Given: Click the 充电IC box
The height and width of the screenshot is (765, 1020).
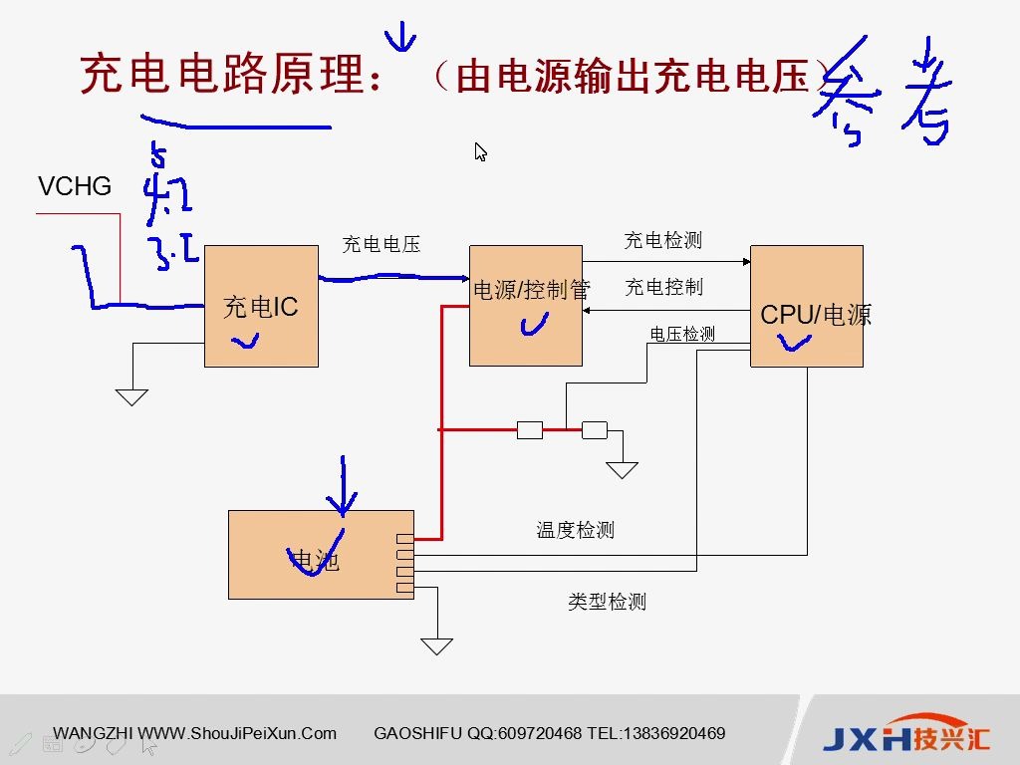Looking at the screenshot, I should click(x=261, y=307).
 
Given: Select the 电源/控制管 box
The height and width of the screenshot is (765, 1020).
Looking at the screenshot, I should click(x=526, y=305).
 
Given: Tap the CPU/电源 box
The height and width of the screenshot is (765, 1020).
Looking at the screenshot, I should click(x=807, y=306).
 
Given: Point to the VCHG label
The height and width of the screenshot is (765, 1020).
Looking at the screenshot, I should click(x=75, y=186).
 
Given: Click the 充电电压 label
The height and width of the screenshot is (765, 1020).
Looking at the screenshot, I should click(x=382, y=244).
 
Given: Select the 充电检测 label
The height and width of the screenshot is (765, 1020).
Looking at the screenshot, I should click(x=663, y=240).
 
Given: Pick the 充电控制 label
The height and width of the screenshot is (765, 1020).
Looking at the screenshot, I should click(x=663, y=287).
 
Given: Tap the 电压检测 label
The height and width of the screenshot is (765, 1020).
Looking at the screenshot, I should click(x=682, y=334).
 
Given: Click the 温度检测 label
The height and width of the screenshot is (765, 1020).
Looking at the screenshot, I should click(x=576, y=530).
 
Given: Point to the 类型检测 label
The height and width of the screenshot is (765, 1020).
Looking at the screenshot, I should click(x=608, y=602).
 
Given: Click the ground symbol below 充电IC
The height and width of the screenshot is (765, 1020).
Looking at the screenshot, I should click(x=131, y=396).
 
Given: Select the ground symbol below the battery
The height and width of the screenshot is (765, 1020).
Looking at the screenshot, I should click(x=436, y=645).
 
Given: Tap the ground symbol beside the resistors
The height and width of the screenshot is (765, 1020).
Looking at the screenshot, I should click(x=622, y=469).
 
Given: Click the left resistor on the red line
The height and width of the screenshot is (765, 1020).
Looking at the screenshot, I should click(x=530, y=430).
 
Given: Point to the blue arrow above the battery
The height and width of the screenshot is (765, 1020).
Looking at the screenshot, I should click(x=344, y=488).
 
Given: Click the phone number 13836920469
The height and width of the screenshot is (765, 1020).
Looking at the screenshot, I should click(x=674, y=733).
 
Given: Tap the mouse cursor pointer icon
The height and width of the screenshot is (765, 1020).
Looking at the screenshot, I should click(x=480, y=151).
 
